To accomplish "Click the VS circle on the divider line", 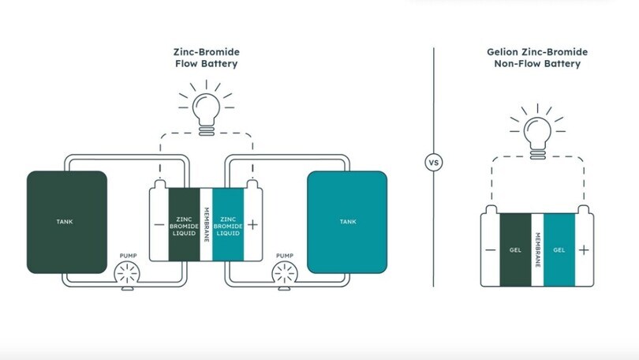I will click(x=433, y=163).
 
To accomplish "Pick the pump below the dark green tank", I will click(x=128, y=276).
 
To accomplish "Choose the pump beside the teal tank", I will click(x=286, y=276).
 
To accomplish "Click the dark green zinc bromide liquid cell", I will click(x=183, y=224).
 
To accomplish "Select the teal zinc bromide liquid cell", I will click(x=228, y=224).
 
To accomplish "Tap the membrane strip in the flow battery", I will click(x=206, y=224).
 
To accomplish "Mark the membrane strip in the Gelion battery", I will click(x=537, y=249).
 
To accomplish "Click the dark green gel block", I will click(x=515, y=249).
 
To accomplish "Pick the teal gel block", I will click(x=559, y=249).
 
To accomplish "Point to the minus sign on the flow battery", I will click(x=159, y=224).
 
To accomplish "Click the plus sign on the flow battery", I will click(x=252, y=224).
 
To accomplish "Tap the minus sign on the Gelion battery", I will click(x=491, y=250).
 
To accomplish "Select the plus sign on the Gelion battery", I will click(x=583, y=250).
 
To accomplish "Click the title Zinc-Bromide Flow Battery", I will click(x=205, y=58).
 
